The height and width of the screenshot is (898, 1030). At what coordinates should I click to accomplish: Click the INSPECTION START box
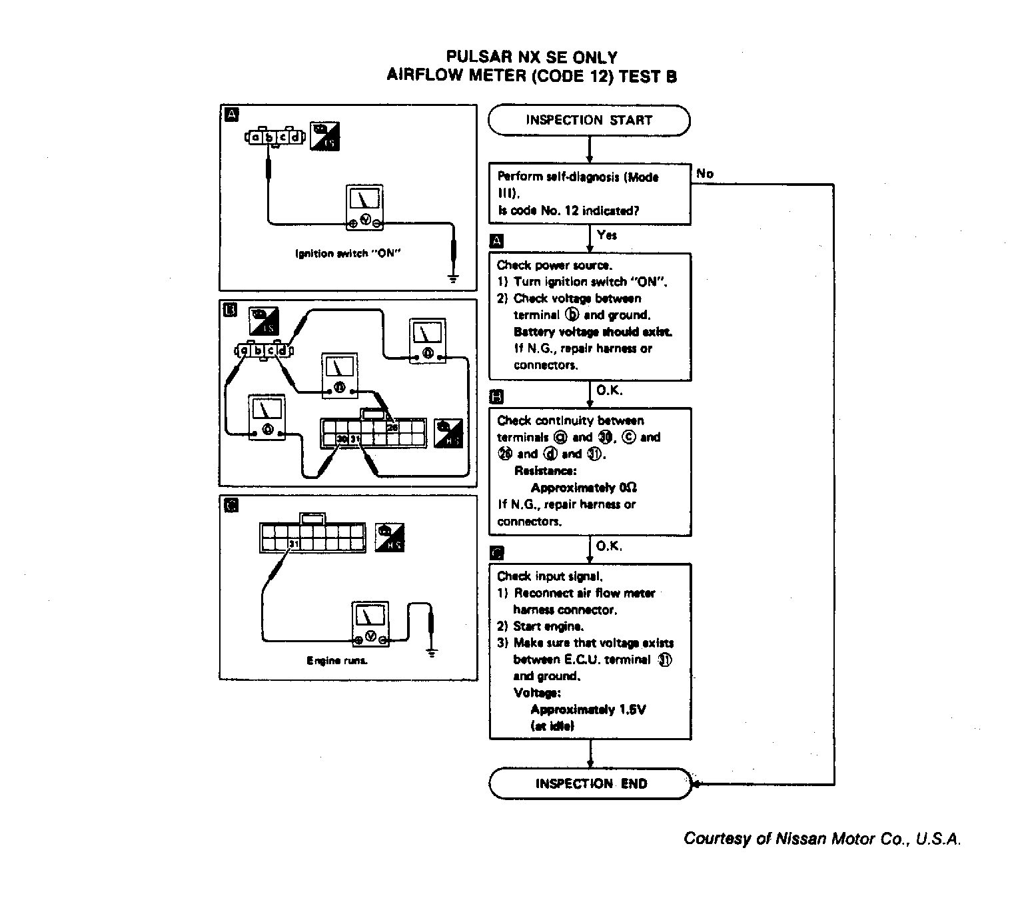[x=589, y=121]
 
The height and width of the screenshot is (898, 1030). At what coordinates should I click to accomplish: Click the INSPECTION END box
[x=590, y=783]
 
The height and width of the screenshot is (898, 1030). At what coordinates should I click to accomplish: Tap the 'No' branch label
[x=705, y=174]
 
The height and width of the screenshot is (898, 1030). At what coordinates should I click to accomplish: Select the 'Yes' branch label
[x=607, y=235]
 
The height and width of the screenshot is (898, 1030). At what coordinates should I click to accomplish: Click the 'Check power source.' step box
[x=590, y=316]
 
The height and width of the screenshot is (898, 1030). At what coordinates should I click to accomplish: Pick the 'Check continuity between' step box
[x=590, y=471]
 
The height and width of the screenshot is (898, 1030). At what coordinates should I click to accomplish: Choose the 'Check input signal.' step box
[x=590, y=651]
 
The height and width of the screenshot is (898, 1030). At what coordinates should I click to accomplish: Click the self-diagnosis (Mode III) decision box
[x=590, y=194]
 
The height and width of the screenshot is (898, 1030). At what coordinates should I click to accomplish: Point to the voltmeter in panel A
[x=364, y=208]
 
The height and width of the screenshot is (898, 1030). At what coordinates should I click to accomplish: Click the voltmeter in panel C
[x=370, y=624]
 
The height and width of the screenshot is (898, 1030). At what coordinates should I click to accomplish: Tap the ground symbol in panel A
[x=453, y=278]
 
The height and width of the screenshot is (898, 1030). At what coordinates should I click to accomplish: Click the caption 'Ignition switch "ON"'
[x=348, y=254]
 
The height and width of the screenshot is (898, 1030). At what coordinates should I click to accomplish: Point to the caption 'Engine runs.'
[x=337, y=661]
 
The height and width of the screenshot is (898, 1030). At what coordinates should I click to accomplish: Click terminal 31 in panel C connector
[x=294, y=544]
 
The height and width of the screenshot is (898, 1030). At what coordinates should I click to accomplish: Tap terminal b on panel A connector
[x=269, y=138]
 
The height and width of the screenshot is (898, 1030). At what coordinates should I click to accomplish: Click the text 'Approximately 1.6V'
[x=588, y=709]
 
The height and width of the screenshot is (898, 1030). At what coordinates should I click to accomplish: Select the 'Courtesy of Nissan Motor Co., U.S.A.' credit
[x=822, y=839]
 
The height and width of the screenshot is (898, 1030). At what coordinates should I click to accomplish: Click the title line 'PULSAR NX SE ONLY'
[x=531, y=57]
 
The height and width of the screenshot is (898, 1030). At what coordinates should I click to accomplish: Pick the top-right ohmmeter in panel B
[x=427, y=340]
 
